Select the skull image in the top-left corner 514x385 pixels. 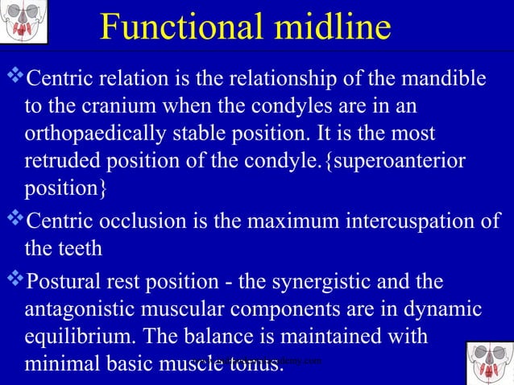pos(23,23)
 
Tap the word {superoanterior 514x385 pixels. pos(398,160)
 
